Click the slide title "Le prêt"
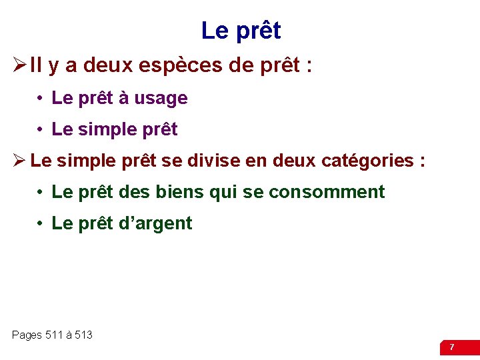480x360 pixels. point(241,31)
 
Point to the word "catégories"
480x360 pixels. point(367,161)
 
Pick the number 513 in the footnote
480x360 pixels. point(83,335)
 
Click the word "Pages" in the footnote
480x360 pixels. point(27,335)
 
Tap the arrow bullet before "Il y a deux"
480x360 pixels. point(19,67)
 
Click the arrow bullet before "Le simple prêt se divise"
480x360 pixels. point(19,161)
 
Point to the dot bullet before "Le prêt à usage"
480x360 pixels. point(41,99)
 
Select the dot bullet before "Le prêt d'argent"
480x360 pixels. point(41,224)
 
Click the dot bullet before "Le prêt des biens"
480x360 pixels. point(41,193)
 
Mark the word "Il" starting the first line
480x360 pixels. point(36,67)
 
